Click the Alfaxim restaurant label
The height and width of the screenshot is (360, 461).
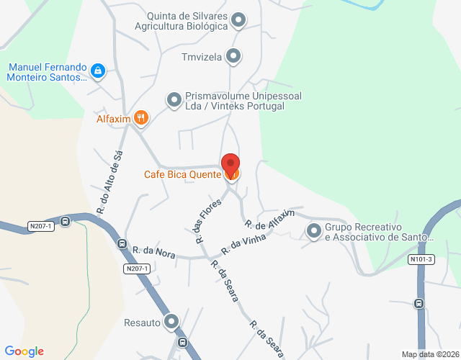pyautogui.click(x=112, y=118)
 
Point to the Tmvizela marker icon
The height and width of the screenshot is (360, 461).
pyautogui.click(x=233, y=55)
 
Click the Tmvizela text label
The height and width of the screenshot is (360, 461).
pyautogui.click(x=202, y=55)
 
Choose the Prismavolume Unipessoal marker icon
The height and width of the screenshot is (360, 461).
pyautogui.click(x=174, y=100)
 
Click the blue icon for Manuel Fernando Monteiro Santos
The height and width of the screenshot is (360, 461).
pyautogui.click(x=98, y=71)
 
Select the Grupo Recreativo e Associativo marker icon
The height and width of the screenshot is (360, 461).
pyautogui.click(x=313, y=231)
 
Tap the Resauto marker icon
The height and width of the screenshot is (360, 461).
pyautogui.click(x=171, y=322)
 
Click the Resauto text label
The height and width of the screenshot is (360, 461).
pyautogui.click(x=142, y=323)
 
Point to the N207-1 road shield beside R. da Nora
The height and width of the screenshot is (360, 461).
pyautogui.click(x=136, y=269)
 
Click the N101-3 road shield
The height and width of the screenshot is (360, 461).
pyautogui.click(x=421, y=259)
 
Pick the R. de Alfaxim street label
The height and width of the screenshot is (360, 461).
pyautogui.click(x=269, y=218)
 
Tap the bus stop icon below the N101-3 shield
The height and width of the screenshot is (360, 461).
pyautogui.click(x=419, y=303)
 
